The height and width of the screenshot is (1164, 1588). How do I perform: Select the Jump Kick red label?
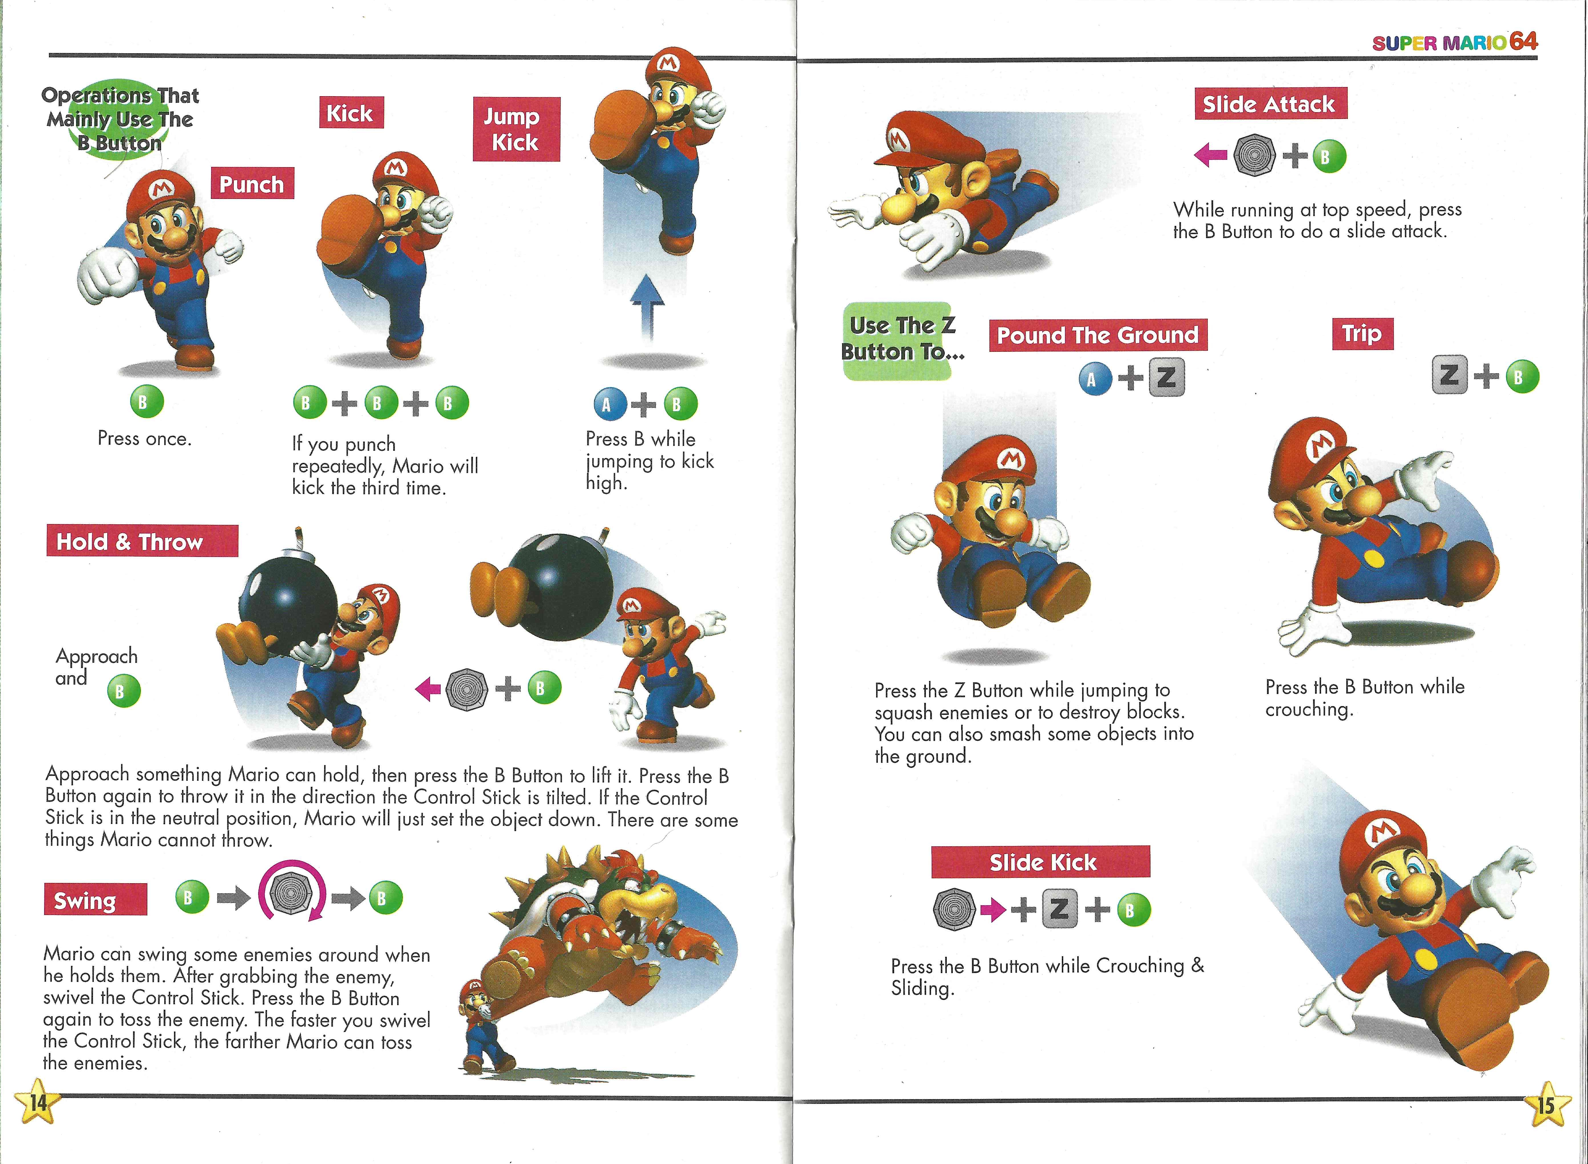[516, 129]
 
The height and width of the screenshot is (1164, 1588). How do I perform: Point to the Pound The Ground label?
[1098, 335]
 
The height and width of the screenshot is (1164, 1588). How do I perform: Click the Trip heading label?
[1362, 333]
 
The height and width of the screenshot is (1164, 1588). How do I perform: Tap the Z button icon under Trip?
[1449, 376]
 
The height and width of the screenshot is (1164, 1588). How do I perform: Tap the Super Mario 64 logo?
[1455, 41]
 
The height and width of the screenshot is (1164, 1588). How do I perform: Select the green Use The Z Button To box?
[901, 341]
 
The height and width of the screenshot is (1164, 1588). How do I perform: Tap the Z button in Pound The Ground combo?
[1166, 378]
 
